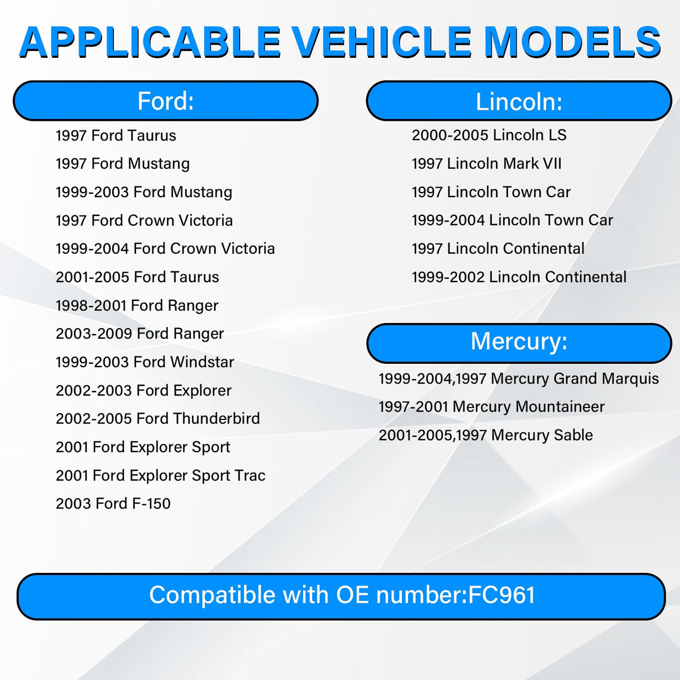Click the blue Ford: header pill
point(165,101)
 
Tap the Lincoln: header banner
point(518,101)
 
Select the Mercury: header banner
point(518,343)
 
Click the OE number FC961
point(501,595)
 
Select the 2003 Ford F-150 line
point(113,504)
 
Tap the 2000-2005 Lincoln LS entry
point(489,135)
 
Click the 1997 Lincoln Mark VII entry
point(487,164)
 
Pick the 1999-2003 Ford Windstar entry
point(144,362)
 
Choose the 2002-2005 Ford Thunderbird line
point(158,419)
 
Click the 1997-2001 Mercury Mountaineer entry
point(491,407)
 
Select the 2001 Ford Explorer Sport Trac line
point(160,475)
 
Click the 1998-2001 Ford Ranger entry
point(137,305)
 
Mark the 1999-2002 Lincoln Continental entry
point(519,277)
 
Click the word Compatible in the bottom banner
point(212,596)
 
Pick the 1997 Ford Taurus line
point(116,135)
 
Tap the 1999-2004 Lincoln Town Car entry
point(512,220)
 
